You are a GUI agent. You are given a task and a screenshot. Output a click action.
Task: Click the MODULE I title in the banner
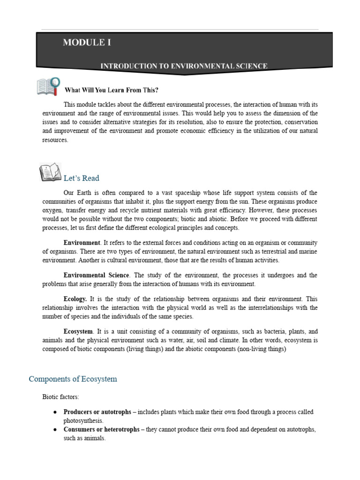coord(87,43)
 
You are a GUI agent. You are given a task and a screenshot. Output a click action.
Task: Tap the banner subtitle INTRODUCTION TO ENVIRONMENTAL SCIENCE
coord(184,66)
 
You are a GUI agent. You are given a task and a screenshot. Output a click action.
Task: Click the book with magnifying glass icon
coord(48,86)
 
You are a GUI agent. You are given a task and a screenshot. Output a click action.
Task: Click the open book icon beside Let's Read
coord(51,172)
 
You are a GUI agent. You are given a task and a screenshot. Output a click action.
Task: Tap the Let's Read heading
coord(81,178)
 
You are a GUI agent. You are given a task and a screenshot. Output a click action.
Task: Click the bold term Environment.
coord(82,242)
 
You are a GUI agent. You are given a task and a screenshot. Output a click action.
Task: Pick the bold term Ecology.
coord(75,299)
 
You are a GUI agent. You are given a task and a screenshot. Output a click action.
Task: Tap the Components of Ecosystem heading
coord(73,379)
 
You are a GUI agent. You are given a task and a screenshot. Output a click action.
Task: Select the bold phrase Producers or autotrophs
coord(97,412)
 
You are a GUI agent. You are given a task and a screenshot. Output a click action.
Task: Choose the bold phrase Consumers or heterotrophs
coord(102,429)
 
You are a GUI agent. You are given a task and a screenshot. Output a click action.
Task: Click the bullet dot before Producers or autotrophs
coord(55,412)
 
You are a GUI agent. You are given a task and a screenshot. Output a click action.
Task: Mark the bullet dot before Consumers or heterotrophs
coord(55,429)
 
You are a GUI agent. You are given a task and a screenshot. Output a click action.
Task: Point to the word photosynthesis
coord(82,421)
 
